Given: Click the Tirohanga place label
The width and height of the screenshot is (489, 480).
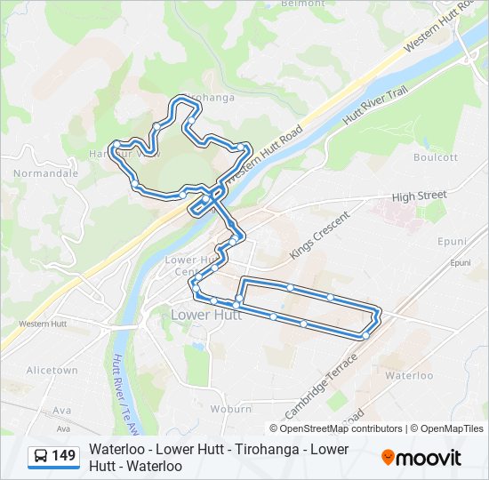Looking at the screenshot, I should point(209,98).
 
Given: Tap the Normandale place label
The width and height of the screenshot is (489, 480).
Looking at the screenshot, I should point(45,173).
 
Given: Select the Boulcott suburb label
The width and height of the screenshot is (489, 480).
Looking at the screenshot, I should point(436,157).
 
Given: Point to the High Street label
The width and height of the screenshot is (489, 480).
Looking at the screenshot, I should point(419,196).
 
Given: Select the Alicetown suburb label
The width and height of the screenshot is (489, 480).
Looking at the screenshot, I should point(52,370).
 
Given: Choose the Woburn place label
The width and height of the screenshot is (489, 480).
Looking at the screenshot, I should point(231,409).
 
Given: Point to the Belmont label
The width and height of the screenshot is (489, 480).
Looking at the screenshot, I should point(303,4).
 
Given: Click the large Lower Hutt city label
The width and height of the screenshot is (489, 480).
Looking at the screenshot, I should point(205,315).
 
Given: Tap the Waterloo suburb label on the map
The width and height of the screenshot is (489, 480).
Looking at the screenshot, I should point(409,376).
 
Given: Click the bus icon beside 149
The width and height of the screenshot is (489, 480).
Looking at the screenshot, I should point(41,457).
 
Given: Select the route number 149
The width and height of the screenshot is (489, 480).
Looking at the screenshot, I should point(64,457).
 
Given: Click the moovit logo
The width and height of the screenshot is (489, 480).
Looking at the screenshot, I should point(421,458).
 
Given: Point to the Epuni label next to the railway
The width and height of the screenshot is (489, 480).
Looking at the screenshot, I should point(460,263).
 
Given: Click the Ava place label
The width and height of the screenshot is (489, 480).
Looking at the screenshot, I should point(61,411).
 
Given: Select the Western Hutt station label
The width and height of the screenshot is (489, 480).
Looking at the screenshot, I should point(43,324).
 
